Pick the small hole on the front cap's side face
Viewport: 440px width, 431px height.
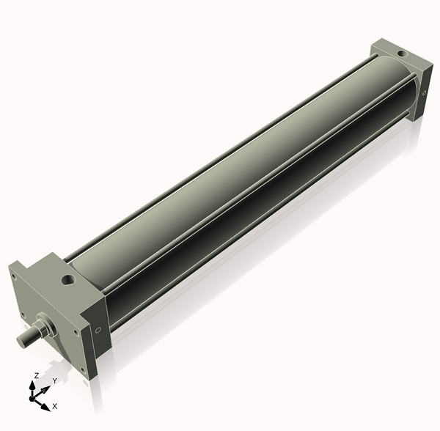click(98, 330)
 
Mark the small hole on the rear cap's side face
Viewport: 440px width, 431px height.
click(424, 93)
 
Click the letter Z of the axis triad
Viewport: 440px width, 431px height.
click(36, 375)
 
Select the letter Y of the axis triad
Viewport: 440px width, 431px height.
click(54, 381)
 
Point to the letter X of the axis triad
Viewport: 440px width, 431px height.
click(55, 405)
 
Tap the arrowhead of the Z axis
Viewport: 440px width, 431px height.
click(32, 384)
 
